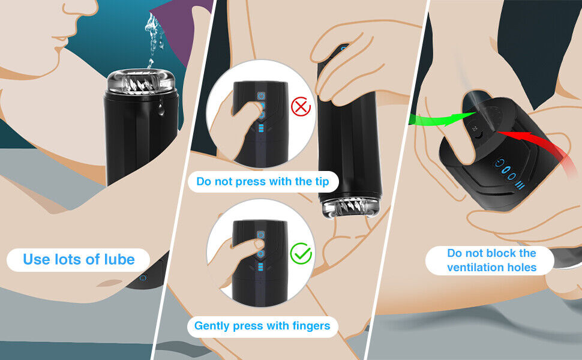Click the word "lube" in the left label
click(119, 259)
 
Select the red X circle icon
click(301, 107)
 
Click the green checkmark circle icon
click(301, 253)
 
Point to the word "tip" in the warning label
click(320, 182)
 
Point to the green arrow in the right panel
click(442, 118)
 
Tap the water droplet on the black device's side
click(161, 109)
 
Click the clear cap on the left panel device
click(141, 81)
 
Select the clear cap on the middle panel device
click(350, 207)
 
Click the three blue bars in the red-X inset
click(261, 128)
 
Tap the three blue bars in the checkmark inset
click(260, 267)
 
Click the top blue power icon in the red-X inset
click(262, 96)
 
